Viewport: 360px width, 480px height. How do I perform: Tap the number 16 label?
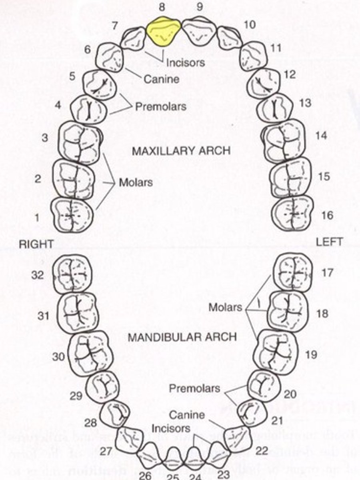[327, 215]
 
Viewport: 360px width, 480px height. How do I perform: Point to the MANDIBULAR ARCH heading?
[182, 337]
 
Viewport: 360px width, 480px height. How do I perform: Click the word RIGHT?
[36, 244]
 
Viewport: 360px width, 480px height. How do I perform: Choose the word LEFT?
[329, 242]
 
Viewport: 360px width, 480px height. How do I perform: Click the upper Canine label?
[161, 79]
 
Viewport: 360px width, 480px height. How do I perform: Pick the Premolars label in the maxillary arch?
[160, 107]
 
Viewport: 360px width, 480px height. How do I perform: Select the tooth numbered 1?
[72, 215]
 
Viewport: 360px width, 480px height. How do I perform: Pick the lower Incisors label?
[171, 428]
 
